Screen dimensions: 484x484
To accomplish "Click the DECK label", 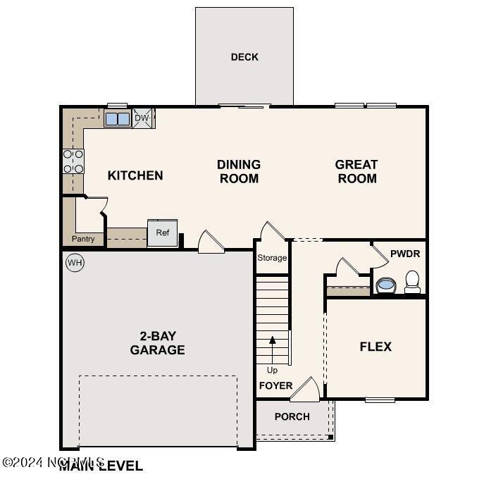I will click(244, 57).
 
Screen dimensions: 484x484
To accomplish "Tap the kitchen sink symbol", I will click(117, 118).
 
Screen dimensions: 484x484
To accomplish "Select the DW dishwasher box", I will click(142, 118).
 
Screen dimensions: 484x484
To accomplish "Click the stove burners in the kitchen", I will click(73, 161).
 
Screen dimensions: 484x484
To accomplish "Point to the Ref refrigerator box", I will click(162, 233).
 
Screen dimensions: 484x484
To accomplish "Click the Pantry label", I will click(83, 240).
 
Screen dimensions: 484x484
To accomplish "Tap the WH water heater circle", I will click(75, 263).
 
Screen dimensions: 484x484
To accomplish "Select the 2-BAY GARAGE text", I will click(157, 343).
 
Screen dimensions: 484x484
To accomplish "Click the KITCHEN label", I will click(135, 175).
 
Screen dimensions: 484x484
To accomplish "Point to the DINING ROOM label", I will click(239, 171).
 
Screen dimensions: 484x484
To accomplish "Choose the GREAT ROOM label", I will click(356, 171).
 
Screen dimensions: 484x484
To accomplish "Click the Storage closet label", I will click(272, 258).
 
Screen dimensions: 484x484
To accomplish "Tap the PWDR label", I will click(404, 252).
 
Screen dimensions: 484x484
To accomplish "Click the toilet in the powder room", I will click(412, 283).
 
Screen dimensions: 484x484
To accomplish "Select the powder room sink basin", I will click(385, 285).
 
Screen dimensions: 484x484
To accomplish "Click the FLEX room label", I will click(376, 347).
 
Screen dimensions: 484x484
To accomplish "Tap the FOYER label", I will click(275, 386).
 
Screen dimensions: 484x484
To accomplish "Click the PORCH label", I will click(292, 416).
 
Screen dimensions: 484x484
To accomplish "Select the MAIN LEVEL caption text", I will click(101, 466).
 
